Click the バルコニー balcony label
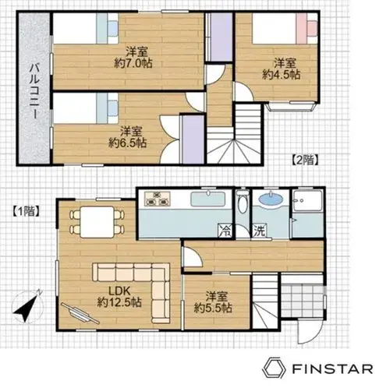34,91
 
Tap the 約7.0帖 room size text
133,63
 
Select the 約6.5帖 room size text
127,143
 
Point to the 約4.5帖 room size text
282,75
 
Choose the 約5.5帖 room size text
213,308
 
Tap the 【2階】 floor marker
304,160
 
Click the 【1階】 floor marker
27,211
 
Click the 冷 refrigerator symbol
225,231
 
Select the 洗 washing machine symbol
259,231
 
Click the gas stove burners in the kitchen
158,199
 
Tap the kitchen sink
208,199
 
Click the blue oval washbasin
271,199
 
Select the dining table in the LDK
97,222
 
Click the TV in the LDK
80,313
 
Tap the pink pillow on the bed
311,29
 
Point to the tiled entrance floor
303,301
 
